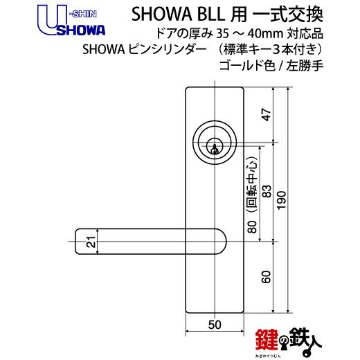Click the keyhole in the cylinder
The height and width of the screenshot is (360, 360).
[215, 149]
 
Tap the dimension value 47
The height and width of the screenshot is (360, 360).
[267, 115]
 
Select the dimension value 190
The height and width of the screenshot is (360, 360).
[282, 200]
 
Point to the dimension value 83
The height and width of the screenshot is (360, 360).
[267, 191]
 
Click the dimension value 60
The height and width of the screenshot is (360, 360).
[266, 277]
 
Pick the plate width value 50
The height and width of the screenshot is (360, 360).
[215, 325]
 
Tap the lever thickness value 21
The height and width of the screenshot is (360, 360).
[91, 242]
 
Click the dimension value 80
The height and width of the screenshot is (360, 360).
[252, 227]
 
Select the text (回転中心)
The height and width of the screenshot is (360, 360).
[252, 184]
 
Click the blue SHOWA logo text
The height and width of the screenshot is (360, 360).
[81, 30]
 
